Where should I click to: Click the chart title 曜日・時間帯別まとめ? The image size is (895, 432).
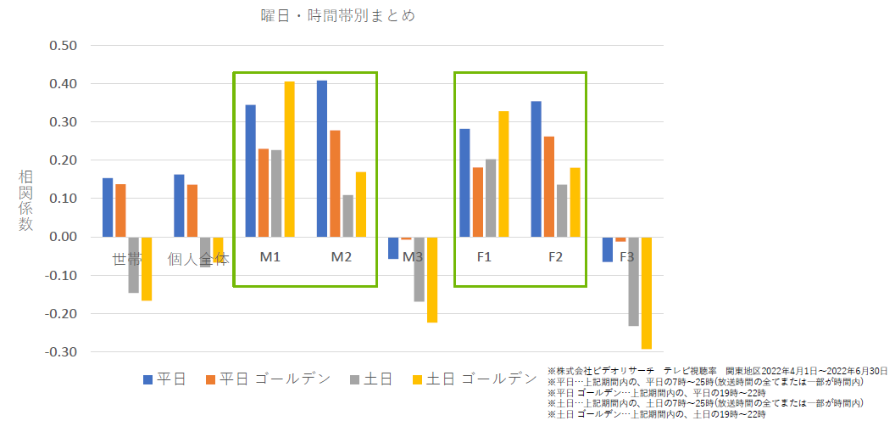click(x=337, y=16)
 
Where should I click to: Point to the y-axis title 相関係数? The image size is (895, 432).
click(x=26, y=200)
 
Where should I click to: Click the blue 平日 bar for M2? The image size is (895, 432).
click(x=322, y=159)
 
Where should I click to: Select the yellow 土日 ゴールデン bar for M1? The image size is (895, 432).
click(x=290, y=160)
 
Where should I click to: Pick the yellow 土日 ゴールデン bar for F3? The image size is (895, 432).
click(x=647, y=293)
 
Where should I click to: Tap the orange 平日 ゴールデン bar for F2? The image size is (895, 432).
click(x=549, y=187)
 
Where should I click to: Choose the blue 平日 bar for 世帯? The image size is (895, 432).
click(x=108, y=207)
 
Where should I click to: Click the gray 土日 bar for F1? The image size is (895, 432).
click(x=491, y=198)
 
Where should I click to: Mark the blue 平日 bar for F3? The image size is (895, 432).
click(x=608, y=250)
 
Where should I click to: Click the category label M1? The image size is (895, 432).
click(x=270, y=258)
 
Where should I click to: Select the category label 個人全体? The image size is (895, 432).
click(x=198, y=259)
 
